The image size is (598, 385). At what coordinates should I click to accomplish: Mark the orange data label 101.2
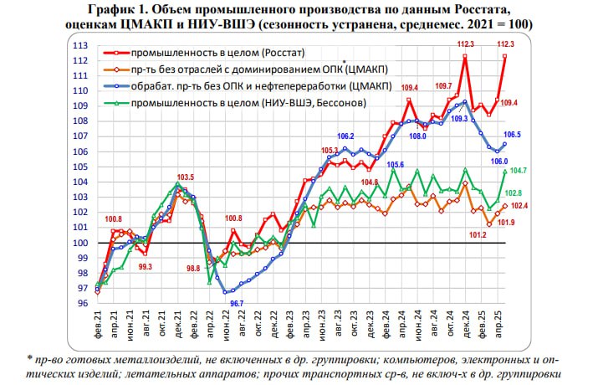point(478,235)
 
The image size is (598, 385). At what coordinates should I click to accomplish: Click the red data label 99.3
point(145,266)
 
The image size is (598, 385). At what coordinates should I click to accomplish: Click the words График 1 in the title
point(164,9)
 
